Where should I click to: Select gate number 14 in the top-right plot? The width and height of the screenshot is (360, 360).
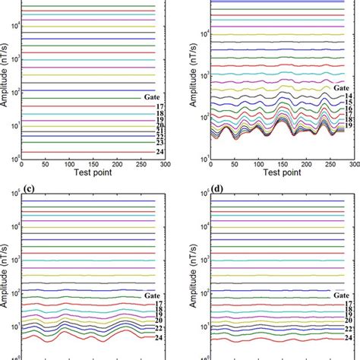coord(346,97)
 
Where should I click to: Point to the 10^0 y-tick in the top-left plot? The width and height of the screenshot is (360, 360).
coord(16,158)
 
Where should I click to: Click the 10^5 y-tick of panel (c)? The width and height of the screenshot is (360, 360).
coord(16,201)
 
